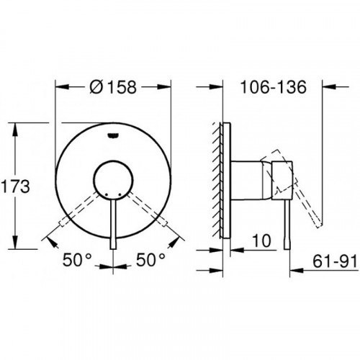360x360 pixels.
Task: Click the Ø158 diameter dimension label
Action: pyautogui.click(x=113, y=87)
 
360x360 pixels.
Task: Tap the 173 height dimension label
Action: pyautogui.click(x=15, y=186)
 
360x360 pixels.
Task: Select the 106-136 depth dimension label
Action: pyautogui.click(x=273, y=87)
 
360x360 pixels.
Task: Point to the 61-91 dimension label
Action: pyautogui.click(x=335, y=261)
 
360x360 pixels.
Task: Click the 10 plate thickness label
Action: pyautogui.click(x=262, y=240)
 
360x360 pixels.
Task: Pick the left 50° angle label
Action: pyautogui.click(x=77, y=260)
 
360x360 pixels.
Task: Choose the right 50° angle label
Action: pyautogui.click(x=150, y=260)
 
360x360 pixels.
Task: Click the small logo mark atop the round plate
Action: pyautogui.click(x=113, y=136)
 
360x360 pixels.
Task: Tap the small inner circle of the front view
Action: pyautogui.click(x=113, y=180)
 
